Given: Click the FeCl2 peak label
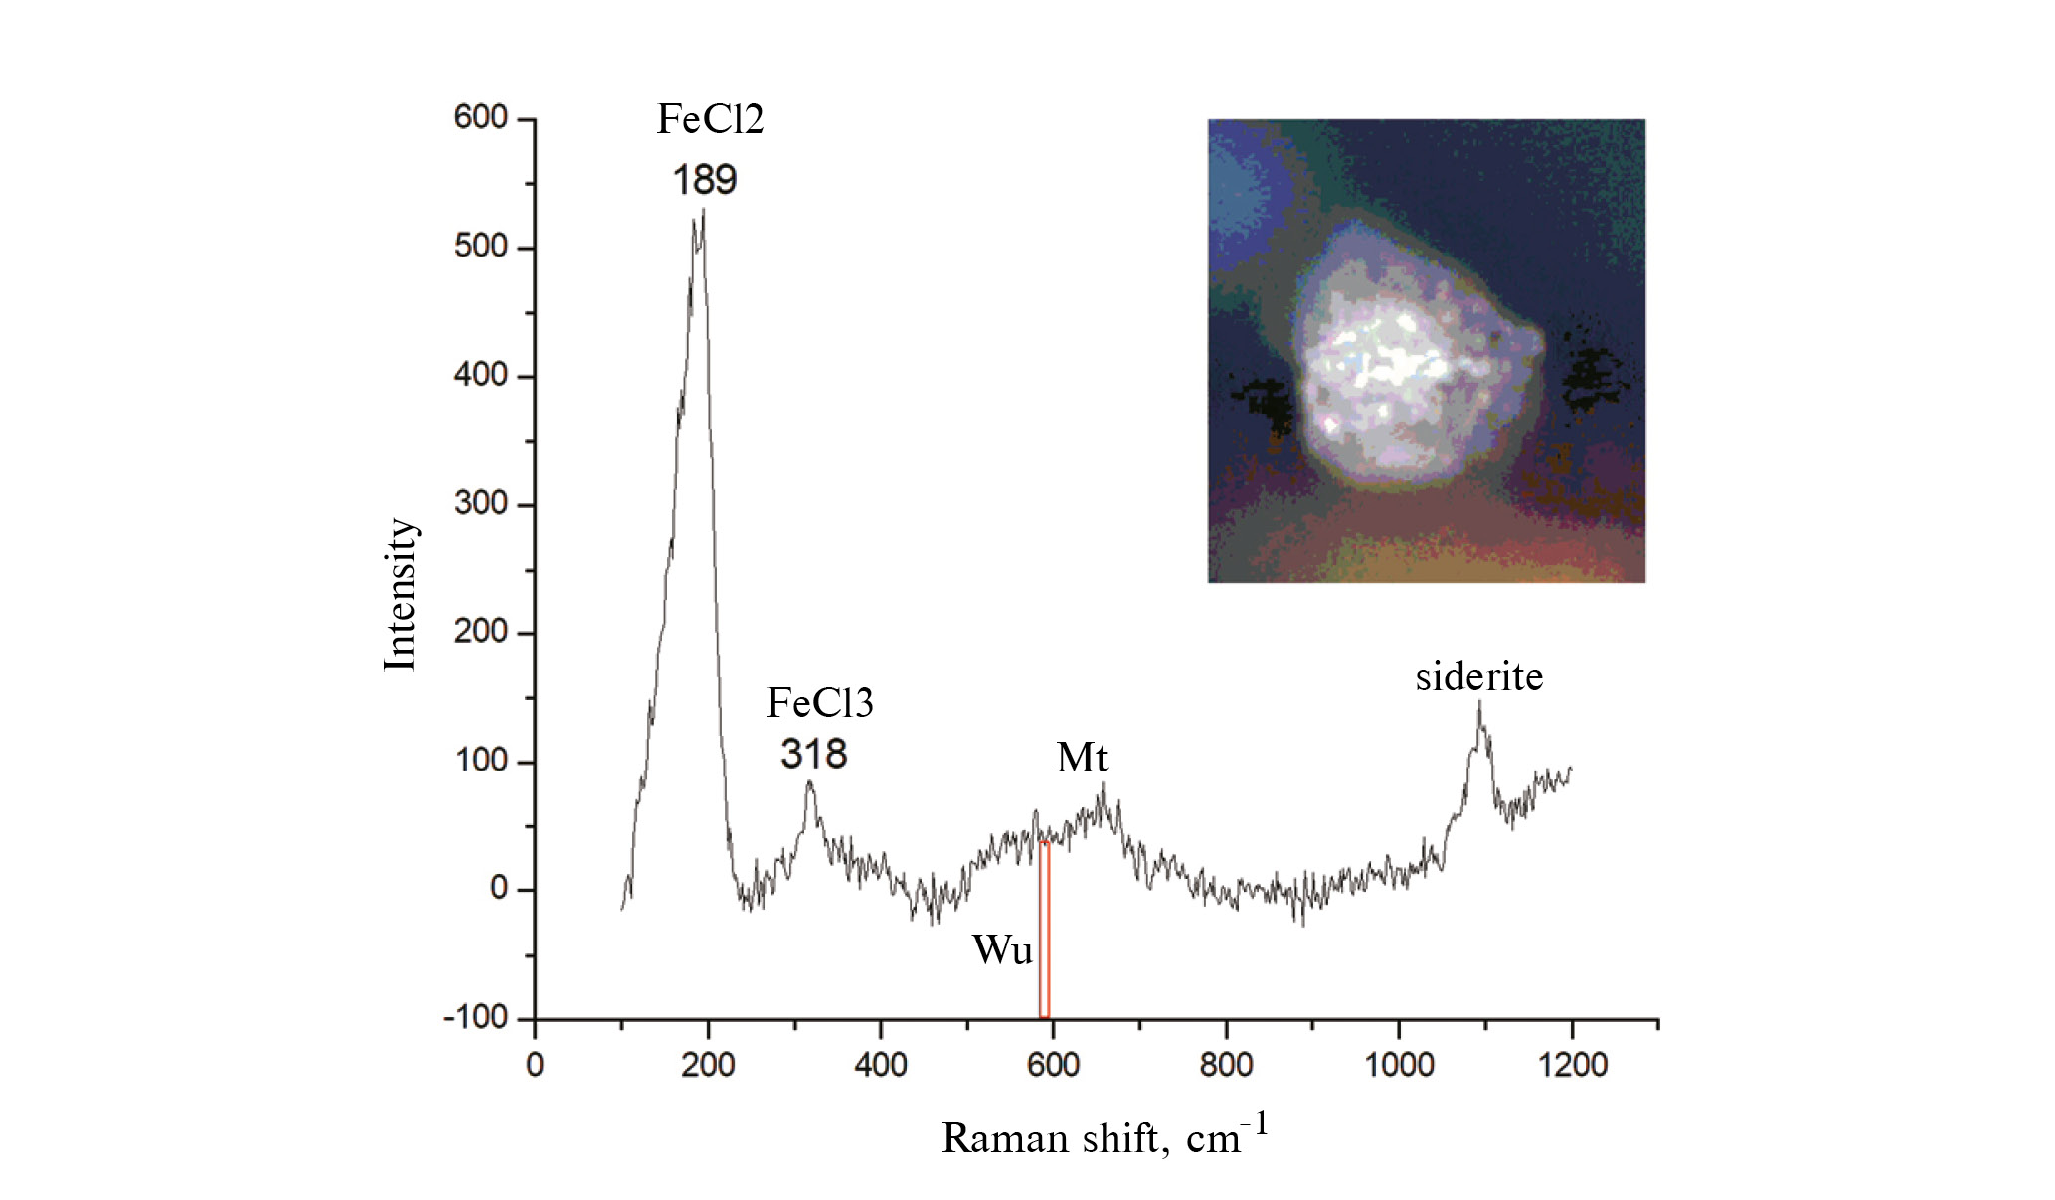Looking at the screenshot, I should [x=710, y=120].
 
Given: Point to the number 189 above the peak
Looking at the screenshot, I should [x=705, y=181].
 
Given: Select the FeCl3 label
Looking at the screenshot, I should [x=819, y=703].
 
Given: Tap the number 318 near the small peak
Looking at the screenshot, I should [x=814, y=755].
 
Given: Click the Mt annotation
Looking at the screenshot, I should [x=1081, y=759].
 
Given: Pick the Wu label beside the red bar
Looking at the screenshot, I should [x=1002, y=950].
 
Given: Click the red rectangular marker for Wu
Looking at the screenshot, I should [x=1045, y=930].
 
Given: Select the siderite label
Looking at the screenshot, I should [x=1478, y=677].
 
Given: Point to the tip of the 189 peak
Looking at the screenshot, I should [x=703, y=211].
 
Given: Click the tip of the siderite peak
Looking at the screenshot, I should [x=1479, y=703].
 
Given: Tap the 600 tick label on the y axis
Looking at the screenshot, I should [x=481, y=118].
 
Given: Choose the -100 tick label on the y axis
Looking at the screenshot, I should [x=475, y=1018].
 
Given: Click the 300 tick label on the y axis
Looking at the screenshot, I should [x=481, y=504].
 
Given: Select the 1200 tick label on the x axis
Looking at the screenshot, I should [x=1572, y=1066].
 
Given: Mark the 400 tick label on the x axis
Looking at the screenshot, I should [x=880, y=1066].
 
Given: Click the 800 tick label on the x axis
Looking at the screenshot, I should [x=1226, y=1066].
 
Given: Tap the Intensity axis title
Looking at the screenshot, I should [x=400, y=595].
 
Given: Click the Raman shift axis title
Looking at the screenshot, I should [x=1105, y=1137].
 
